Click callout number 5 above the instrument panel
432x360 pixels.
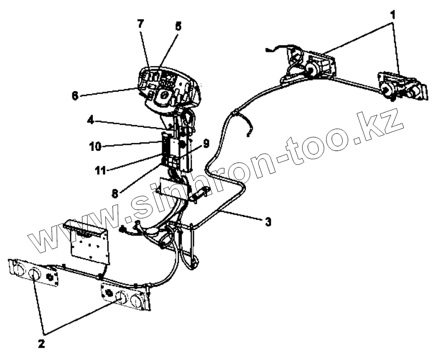(178, 26)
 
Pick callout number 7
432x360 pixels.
(140, 24)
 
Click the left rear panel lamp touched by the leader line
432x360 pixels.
(34, 275)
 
